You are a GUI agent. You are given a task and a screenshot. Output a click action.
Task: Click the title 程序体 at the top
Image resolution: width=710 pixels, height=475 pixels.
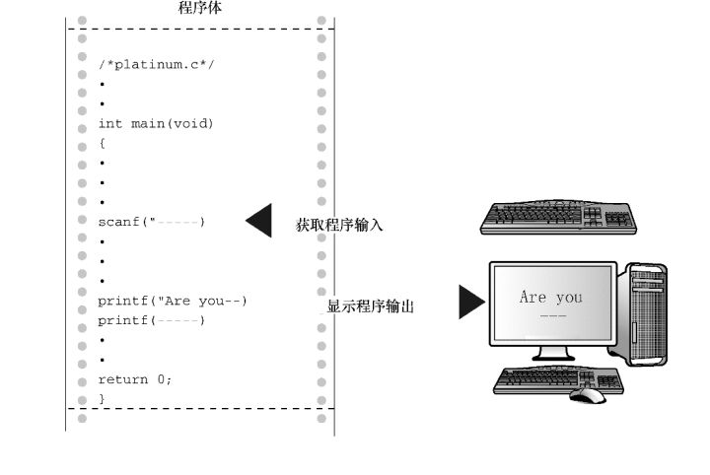[200, 9]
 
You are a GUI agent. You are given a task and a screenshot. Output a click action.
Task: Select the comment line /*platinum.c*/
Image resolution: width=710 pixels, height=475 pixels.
[157, 64]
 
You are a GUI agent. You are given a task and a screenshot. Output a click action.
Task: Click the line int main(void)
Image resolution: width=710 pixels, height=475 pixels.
[155, 124]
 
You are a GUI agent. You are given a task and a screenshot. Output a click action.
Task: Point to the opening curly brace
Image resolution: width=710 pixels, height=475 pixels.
[102, 144]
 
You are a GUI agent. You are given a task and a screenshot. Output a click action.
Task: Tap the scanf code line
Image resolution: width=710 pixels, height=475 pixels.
[151, 222]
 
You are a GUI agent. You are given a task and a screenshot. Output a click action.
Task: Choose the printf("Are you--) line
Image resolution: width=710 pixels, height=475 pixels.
[172, 301]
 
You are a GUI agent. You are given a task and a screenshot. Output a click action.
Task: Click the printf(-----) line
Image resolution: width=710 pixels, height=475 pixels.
[151, 320]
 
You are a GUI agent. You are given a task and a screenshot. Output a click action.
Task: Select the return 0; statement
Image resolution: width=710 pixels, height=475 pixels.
[134, 379]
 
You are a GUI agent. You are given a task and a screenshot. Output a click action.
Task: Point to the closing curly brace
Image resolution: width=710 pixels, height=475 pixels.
[102, 399]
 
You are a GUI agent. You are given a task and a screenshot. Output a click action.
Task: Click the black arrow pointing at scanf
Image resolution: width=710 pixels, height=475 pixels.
[259, 222]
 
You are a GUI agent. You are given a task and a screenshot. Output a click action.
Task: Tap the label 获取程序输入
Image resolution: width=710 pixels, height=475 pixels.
[340, 226]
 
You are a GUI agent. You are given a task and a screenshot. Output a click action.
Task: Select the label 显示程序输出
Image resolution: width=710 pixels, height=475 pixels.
[370, 306]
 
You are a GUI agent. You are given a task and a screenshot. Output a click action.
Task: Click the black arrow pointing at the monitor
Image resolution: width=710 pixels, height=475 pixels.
[471, 302]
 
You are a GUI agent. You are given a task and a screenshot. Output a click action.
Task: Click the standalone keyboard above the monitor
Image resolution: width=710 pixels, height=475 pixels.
[557, 217]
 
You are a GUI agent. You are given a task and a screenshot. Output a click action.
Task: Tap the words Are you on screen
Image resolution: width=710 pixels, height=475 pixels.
[550, 298]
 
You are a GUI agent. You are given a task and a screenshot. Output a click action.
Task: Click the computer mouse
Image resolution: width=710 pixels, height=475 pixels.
[588, 394]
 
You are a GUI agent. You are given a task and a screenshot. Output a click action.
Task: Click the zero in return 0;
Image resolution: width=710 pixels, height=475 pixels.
[161, 379]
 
